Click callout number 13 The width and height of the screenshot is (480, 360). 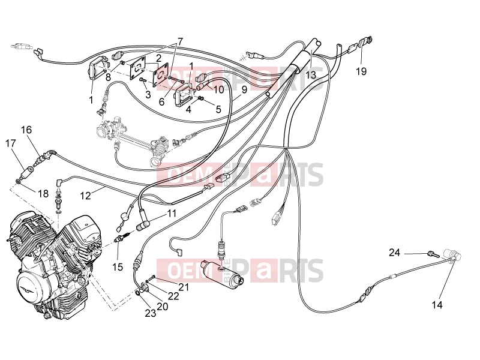tap(310, 74)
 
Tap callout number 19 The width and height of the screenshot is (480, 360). tap(361, 71)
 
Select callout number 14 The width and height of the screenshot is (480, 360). tap(437, 305)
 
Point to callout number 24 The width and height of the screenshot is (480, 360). tap(395, 253)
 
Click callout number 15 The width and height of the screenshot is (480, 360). tap(118, 267)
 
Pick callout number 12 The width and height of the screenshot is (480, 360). tap(85, 196)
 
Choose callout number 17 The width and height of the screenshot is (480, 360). tap(10, 143)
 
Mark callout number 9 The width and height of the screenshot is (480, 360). tap(244, 89)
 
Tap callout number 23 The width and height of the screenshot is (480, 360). tap(151, 313)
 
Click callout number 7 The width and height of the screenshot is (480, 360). tap(180, 41)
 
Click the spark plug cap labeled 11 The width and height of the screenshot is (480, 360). tap(143, 226)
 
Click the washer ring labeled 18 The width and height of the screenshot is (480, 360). tap(18, 182)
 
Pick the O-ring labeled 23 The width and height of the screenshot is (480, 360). tap(139, 294)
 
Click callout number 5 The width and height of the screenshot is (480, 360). tap(218, 109)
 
